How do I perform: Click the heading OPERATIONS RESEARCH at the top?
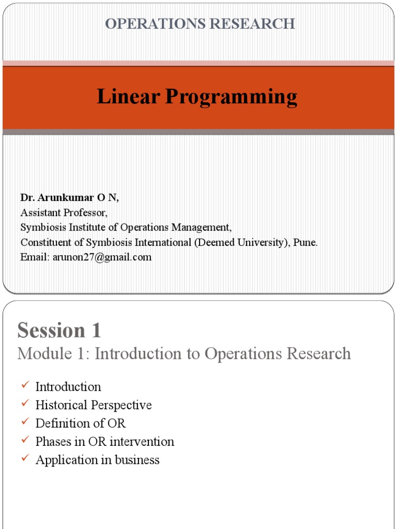200,24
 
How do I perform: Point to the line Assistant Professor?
64,213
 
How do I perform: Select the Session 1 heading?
59,330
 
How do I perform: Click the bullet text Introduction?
68,387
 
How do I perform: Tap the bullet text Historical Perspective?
94,405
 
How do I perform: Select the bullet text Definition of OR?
81,423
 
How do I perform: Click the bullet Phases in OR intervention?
105,442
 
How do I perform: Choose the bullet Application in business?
98,460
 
